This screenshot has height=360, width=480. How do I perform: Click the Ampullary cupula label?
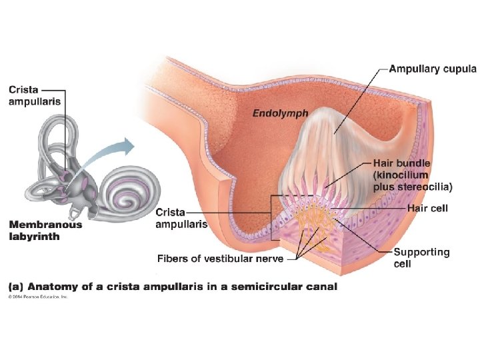click(433, 69)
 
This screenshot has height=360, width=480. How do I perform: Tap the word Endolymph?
click(280, 113)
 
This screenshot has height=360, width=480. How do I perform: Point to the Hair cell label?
click(427, 209)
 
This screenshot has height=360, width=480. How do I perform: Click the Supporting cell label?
click(421, 257)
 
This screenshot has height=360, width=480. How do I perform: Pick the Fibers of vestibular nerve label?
click(221, 259)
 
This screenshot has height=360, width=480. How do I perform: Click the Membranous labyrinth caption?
click(45, 230)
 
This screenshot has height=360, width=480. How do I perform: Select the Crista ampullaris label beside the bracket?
click(181, 218)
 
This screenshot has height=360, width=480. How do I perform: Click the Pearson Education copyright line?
click(38, 297)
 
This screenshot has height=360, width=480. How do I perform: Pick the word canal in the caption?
click(320, 287)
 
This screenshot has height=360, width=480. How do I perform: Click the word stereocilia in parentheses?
click(425, 186)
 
